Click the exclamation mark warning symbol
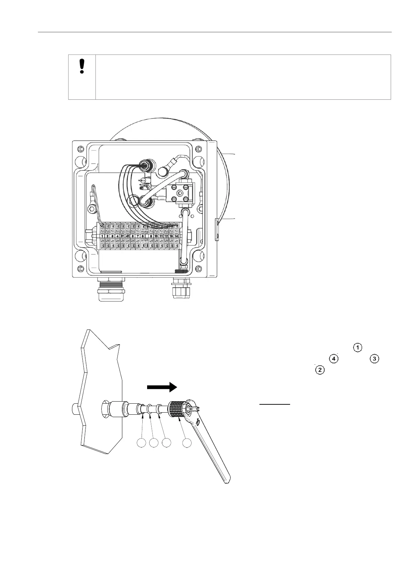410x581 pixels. coord(82,66)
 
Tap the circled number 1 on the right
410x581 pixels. coord(358,348)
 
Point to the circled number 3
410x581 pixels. coord(374,359)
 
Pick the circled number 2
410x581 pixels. coord(320,370)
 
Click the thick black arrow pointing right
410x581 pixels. coord(162,387)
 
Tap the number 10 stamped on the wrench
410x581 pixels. coord(198,422)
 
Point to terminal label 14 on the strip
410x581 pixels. coord(177,236)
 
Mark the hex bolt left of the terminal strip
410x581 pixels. coord(91,209)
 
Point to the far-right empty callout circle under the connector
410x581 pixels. coord(187,443)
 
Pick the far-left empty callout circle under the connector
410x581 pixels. coord(142,443)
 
